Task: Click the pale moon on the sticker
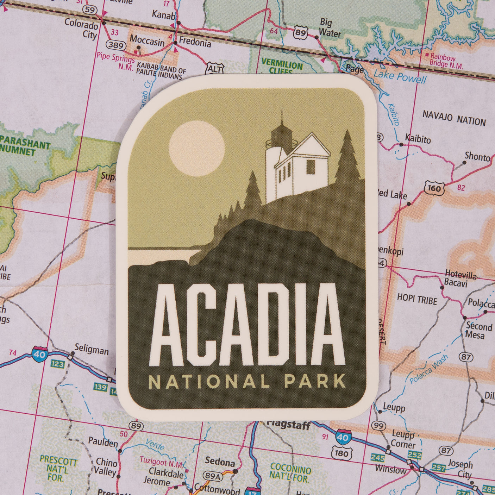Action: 196,148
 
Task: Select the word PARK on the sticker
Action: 315,382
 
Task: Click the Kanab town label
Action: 163,15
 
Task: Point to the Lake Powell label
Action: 400,76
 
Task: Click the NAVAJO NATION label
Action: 454,118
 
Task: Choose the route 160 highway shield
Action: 434,188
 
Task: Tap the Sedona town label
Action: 220,461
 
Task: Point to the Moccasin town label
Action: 147,41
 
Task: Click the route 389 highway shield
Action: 116,45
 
